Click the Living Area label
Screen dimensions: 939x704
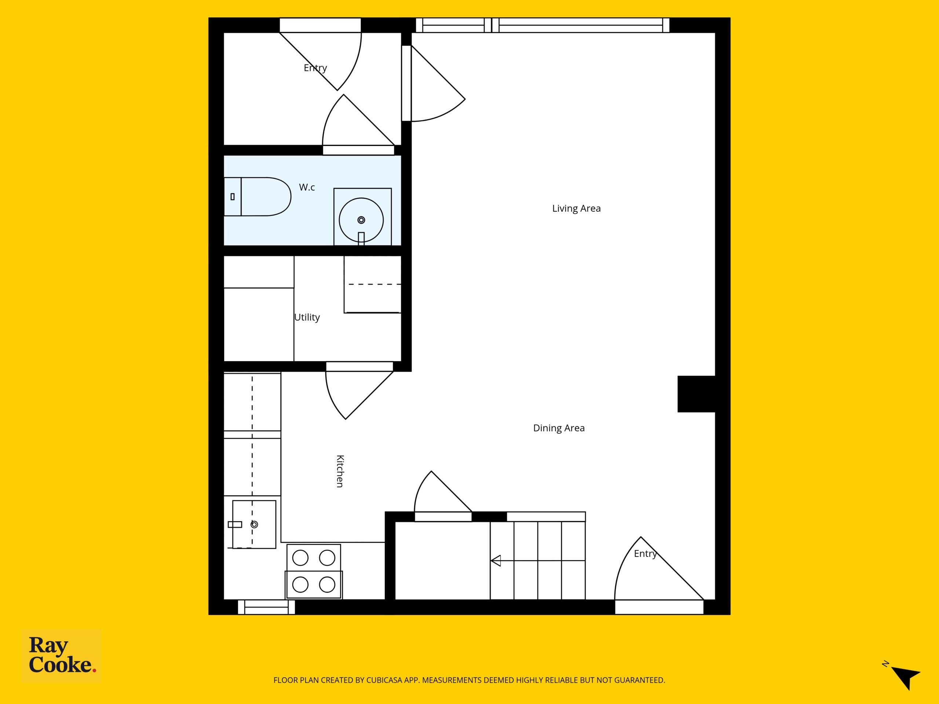[x=576, y=208]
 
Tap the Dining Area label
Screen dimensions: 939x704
[x=559, y=428]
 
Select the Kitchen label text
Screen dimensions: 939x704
[x=340, y=471]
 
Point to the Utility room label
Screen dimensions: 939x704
[x=307, y=318]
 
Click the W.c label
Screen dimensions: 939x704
[x=307, y=187]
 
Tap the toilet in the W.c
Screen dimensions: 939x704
[x=257, y=197]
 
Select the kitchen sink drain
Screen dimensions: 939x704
[x=254, y=524]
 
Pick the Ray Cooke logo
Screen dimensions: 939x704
[x=61, y=656]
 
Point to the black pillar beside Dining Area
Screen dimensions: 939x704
[x=696, y=394]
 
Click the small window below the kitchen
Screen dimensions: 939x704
[x=266, y=607]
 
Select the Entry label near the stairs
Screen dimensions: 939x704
[x=645, y=554]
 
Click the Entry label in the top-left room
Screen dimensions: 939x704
[x=315, y=68]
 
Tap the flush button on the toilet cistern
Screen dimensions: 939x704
[x=233, y=197]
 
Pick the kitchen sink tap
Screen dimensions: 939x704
[x=235, y=524]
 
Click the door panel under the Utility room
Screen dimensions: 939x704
[x=359, y=367]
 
